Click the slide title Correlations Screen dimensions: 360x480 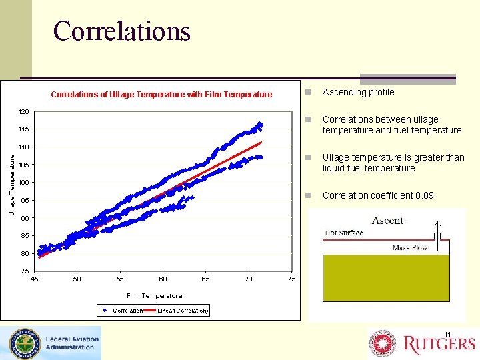coord(122,31)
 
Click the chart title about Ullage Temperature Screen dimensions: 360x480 coord(161,95)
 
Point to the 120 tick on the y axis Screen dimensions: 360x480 coord(23,111)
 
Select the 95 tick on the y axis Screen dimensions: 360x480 coord(23,201)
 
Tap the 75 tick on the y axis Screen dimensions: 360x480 coord(23,271)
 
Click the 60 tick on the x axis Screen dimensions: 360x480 coord(163,279)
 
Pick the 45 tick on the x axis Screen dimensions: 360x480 coord(35,279)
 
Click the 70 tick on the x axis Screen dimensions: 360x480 coord(249,279)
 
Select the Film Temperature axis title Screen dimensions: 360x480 coord(154,296)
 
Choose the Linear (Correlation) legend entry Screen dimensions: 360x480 coord(182,311)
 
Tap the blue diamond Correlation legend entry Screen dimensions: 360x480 coord(123,311)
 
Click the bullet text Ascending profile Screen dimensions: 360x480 coord(358,93)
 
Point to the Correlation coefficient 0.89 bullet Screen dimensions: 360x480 coord(377,196)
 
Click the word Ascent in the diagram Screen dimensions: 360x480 coord(387,221)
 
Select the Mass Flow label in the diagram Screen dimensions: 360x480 coord(411,248)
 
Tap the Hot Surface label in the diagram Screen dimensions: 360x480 coord(344,233)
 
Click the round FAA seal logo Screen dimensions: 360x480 coord(23,343)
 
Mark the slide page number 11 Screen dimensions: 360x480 coord(447,334)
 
